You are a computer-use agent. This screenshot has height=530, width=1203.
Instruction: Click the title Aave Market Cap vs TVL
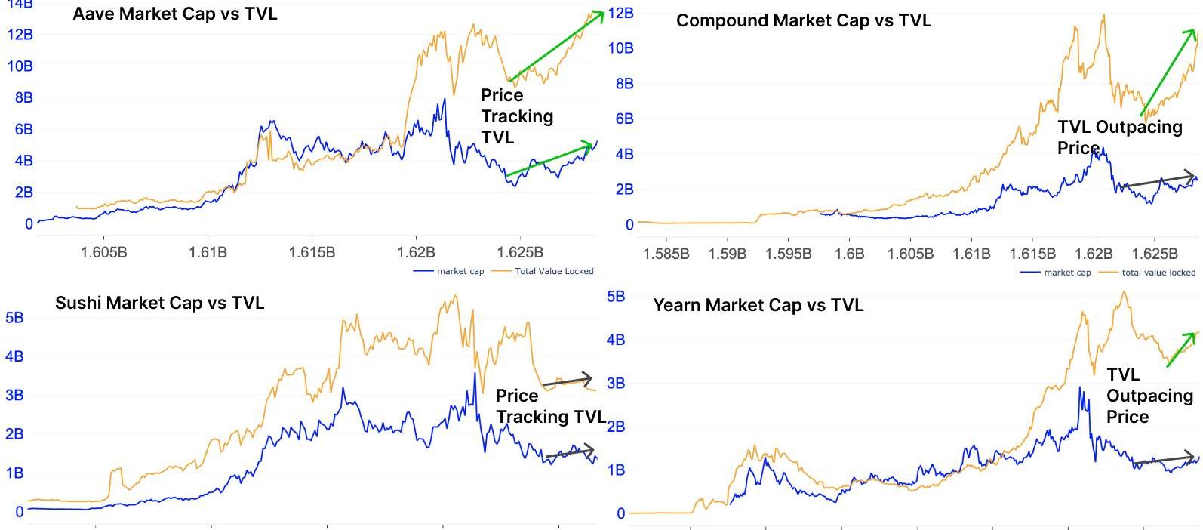click(174, 14)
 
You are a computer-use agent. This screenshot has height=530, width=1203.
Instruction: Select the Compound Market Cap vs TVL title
click(803, 20)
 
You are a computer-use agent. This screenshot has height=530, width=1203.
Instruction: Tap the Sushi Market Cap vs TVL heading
click(159, 303)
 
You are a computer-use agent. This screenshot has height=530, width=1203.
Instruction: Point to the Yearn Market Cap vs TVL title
click(758, 305)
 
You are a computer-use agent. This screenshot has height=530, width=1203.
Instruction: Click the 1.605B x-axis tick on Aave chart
click(103, 252)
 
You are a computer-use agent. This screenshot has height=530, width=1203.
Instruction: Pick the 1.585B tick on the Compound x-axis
click(666, 254)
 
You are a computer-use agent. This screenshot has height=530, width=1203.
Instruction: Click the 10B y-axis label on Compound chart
click(620, 48)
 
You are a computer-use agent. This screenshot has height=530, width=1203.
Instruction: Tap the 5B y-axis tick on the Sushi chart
click(14, 318)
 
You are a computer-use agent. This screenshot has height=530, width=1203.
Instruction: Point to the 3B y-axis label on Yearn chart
click(616, 383)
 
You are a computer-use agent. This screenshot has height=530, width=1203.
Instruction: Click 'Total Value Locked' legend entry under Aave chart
click(554, 271)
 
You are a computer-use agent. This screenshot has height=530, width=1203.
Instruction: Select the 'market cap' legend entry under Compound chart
click(1066, 273)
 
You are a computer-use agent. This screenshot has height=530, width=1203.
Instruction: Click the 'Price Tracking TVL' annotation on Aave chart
click(516, 116)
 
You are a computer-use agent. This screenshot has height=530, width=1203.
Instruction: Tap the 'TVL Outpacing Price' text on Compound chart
click(1118, 137)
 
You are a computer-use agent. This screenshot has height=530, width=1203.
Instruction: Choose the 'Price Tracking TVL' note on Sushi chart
click(550, 406)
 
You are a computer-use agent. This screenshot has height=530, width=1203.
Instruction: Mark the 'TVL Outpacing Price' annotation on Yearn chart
click(1149, 396)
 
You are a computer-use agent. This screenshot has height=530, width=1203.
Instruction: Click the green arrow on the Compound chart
click(1168, 72)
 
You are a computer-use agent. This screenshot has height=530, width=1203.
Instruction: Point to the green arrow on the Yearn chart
click(1181, 349)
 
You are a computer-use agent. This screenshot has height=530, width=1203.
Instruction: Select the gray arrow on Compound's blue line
click(1158, 180)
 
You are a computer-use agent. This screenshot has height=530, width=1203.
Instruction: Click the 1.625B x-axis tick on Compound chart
click(1155, 254)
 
